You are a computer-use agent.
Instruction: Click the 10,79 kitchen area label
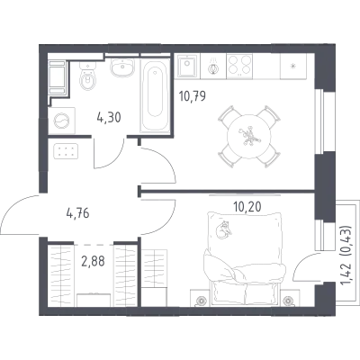[193, 96]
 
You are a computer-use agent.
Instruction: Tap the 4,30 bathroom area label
[109, 118]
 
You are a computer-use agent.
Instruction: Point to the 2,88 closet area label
[93, 261]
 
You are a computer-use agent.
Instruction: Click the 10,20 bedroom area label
[247, 206]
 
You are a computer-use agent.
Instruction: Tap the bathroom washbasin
[122, 67]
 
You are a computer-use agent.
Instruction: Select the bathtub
[155, 95]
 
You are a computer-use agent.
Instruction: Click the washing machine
[62, 121]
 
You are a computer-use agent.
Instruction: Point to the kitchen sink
[187, 67]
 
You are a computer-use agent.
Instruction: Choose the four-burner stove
[239, 66]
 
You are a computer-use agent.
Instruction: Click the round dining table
[249, 136]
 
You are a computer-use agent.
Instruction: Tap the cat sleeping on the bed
[223, 229]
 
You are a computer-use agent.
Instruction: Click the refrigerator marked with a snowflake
[293, 67]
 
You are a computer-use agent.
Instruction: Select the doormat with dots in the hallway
[66, 151]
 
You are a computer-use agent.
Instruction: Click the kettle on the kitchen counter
[213, 67]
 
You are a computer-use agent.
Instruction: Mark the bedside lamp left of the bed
[201, 301]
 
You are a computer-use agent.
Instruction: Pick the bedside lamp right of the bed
[289, 301]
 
